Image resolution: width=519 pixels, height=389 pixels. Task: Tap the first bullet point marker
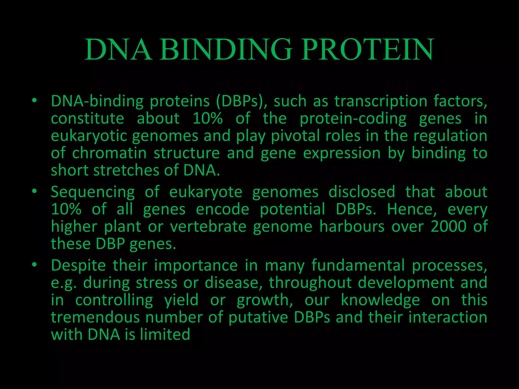(x=34, y=101)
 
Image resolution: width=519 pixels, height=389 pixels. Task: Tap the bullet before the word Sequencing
(x=34, y=191)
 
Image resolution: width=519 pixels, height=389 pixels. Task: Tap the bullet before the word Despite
(x=34, y=265)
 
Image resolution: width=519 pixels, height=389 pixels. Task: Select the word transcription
(x=381, y=101)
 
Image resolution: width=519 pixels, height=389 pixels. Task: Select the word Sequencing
(x=93, y=192)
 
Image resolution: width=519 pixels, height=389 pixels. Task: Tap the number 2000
(x=449, y=226)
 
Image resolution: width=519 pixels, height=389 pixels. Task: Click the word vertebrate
(x=208, y=226)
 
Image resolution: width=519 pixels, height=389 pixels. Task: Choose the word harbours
(x=352, y=226)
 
